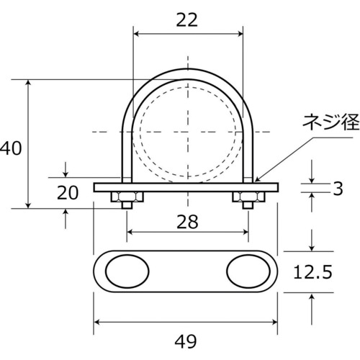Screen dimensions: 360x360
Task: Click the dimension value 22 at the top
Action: pyautogui.click(x=186, y=20)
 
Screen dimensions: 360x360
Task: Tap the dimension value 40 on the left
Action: pyautogui.click(x=11, y=148)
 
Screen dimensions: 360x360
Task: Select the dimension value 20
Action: pyautogui.click(x=68, y=193)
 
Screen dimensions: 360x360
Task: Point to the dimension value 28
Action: pyautogui.click(x=187, y=222)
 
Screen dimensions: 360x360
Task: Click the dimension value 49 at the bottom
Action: pyautogui.click(x=186, y=341)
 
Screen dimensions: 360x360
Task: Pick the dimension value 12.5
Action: pyautogui.click(x=312, y=272)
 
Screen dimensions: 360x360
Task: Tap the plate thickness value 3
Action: pyautogui.click(x=338, y=188)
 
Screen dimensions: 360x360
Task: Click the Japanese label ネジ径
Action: pyautogui.click(x=330, y=122)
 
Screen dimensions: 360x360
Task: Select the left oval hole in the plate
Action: pyautogui.click(x=127, y=271)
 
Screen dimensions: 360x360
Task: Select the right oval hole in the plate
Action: pyautogui.click(x=248, y=271)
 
